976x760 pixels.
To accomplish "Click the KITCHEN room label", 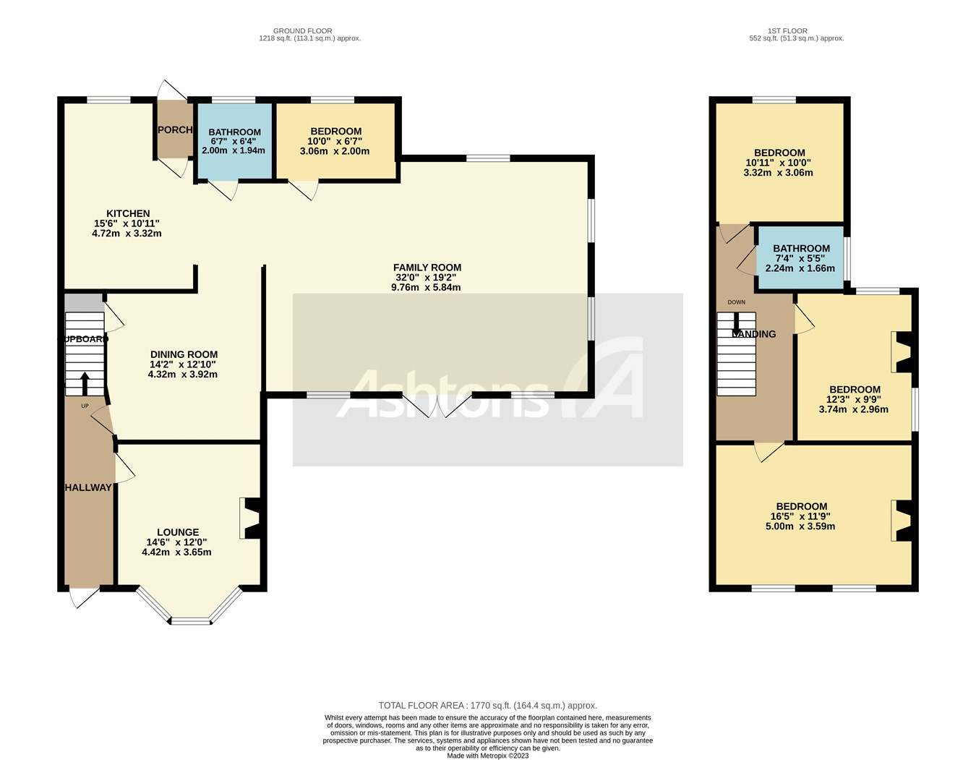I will [128, 213].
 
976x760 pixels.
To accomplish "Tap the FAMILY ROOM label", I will [427, 268].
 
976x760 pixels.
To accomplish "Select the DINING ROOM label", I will [184, 354].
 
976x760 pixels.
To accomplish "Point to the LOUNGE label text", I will [178, 532].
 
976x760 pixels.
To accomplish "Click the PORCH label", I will [175, 130].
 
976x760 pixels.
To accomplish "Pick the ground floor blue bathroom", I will [234, 142].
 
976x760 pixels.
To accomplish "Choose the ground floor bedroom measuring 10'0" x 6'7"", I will [335, 142].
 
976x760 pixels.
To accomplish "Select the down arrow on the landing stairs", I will [736, 323].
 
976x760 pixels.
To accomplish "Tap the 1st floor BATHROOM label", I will [801, 248].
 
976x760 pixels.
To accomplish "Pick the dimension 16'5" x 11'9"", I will [801, 516].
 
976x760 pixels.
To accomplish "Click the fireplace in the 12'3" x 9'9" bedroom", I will [901, 351].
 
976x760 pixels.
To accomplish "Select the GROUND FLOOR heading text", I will [302, 31].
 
